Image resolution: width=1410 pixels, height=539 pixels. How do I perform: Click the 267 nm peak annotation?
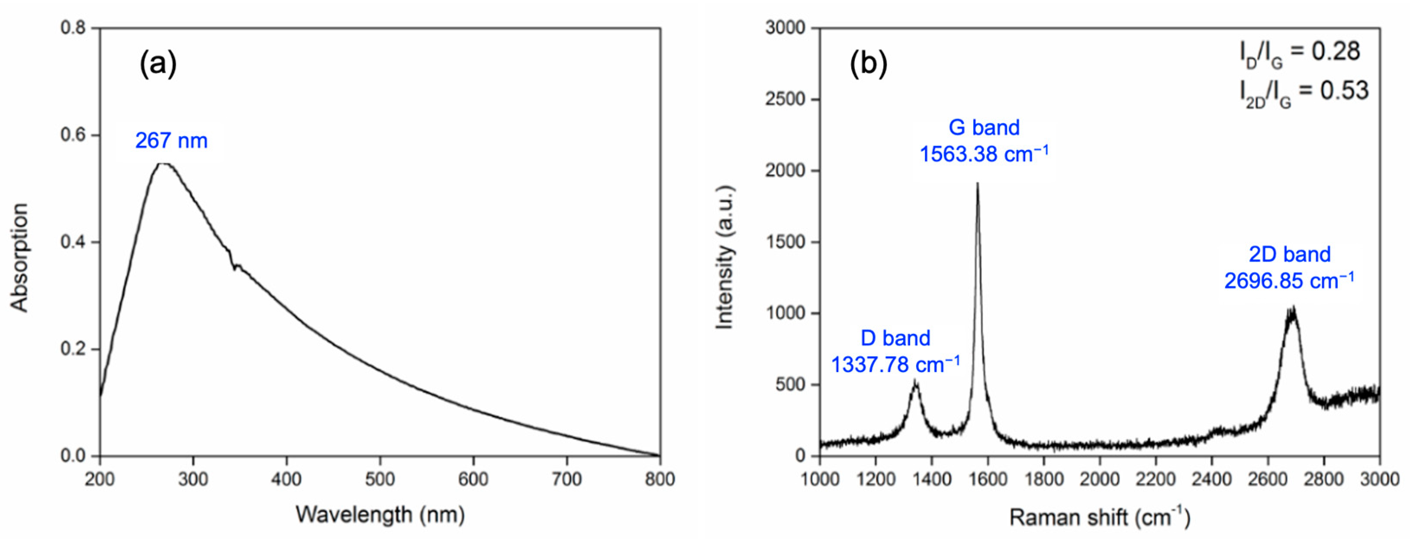[171, 141]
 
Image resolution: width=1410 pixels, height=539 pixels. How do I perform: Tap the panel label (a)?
[158, 64]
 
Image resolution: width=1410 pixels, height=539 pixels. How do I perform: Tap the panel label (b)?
[868, 64]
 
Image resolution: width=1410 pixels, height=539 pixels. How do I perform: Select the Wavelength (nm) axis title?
[380, 514]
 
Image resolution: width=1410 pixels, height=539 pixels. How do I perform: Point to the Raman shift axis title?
[1099, 517]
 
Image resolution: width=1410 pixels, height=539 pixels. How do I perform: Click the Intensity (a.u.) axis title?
[725, 257]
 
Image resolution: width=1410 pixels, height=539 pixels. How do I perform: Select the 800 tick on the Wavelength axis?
[660, 479]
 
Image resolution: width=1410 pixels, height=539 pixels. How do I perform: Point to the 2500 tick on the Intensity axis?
[785, 99]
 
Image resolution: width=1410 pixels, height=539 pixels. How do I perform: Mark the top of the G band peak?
[977, 184]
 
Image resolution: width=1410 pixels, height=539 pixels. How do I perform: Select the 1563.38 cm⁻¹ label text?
[984, 154]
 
